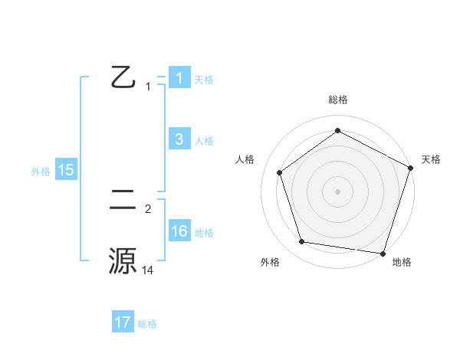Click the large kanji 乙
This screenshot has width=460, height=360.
point(123,77)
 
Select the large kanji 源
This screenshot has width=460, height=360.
point(123,260)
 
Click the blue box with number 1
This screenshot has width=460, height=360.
point(179,77)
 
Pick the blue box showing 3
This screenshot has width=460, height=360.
point(179,139)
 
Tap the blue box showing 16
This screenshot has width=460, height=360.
point(179,231)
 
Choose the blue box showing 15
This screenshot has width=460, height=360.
point(66,170)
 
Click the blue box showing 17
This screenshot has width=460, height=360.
point(123,322)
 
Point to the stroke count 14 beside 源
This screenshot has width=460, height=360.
point(148,270)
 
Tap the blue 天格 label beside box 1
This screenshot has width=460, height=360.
point(204,79)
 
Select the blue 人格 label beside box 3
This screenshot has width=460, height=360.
point(204,141)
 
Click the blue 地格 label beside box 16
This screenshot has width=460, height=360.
point(204,233)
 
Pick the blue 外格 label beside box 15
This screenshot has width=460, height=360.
point(41,172)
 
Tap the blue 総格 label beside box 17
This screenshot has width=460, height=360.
point(147,324)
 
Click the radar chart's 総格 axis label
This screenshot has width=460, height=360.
point(338,100)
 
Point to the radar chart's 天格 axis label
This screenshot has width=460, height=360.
point(431,159)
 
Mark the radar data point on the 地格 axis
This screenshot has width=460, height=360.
point(383,253)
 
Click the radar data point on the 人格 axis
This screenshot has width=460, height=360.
point(280,172)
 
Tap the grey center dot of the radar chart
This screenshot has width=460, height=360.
point(337,191)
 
